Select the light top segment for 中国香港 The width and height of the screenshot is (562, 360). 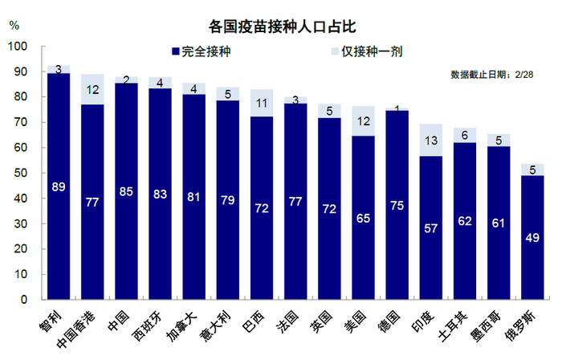(92, 89)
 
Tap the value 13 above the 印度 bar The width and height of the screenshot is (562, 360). (432, 141)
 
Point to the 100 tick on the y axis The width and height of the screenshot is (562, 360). (18, 47)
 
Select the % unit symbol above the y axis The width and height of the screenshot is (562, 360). (14, 24)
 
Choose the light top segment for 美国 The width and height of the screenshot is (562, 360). (364, 121)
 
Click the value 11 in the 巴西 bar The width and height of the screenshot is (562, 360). (262, 103)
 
